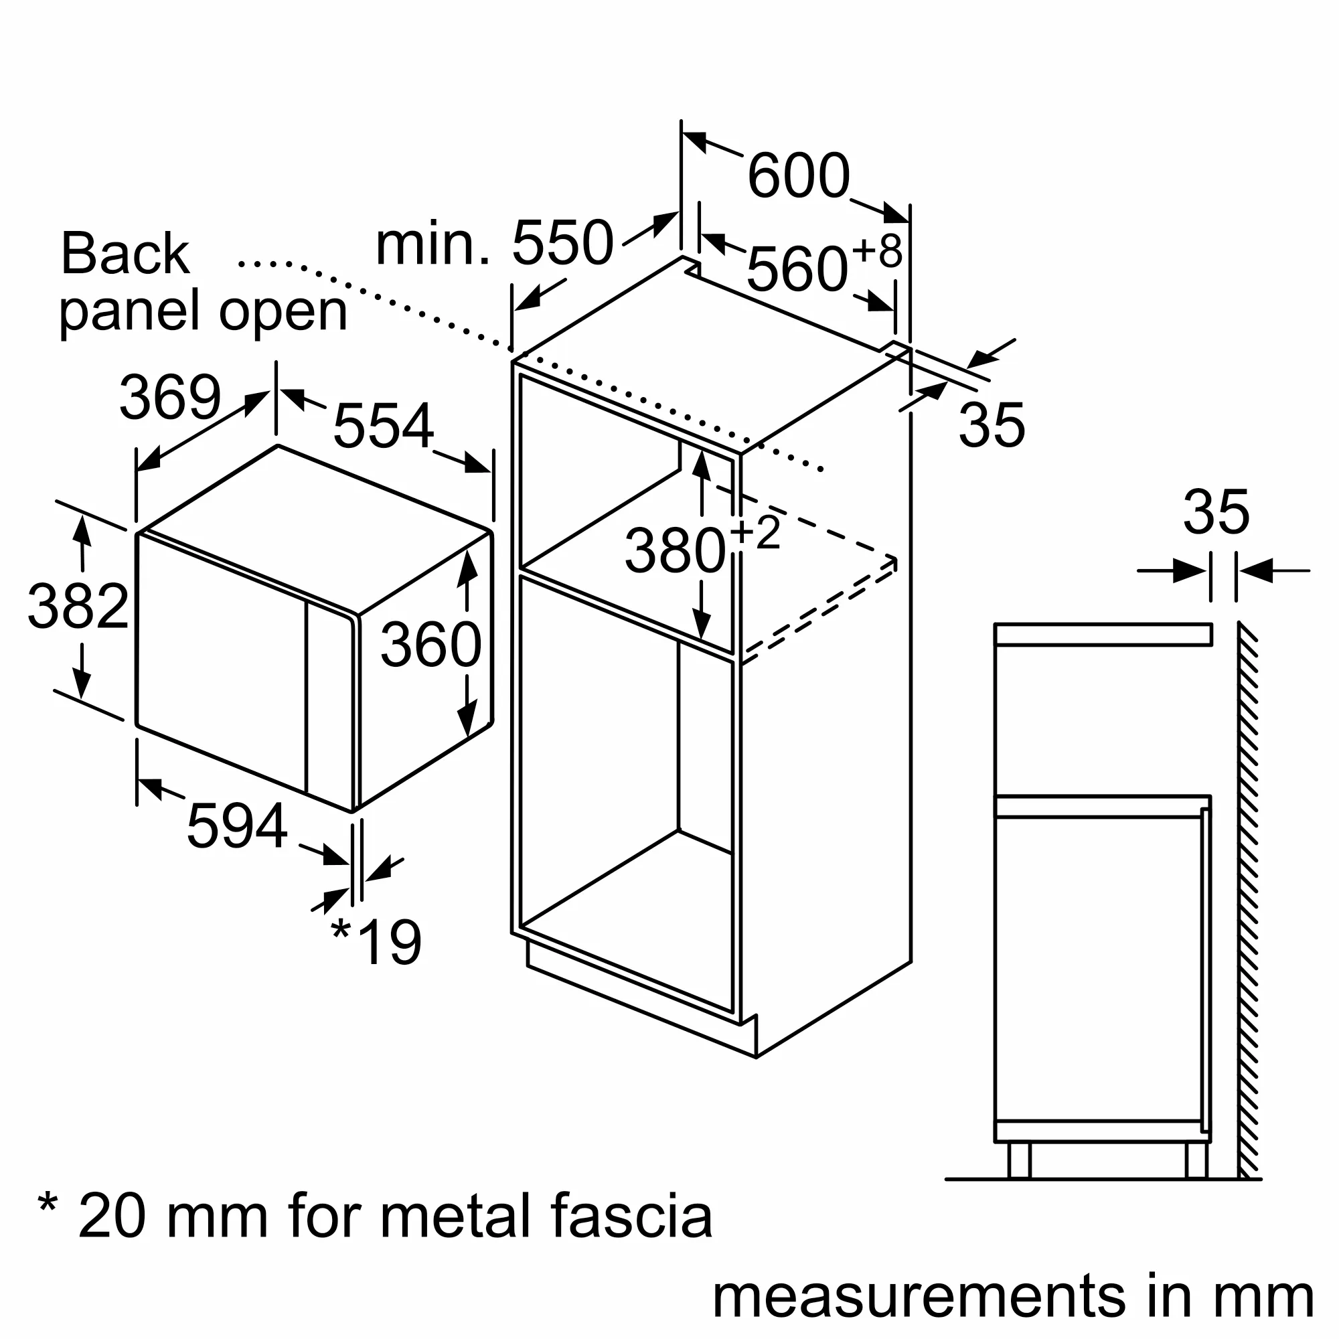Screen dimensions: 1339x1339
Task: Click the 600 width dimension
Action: [x=799, y=176]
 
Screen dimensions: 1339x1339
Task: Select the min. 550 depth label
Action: [x=494, y=243]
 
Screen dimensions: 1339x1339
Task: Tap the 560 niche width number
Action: [x=797, y=270]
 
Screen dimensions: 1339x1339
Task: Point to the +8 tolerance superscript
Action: [x=878, y=251]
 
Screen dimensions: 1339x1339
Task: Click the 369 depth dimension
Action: [x=170, y=397]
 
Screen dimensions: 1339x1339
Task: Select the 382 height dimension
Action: [x=78, y=607]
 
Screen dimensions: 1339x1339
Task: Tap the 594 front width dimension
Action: [x=237, y=825]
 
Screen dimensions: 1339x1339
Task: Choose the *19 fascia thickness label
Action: [x=376, y=942]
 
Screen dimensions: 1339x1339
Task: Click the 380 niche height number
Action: [x=675, y=551]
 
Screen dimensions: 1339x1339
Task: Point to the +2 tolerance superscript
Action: [x=755, y=532]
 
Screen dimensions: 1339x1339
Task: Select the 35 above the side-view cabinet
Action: [x=1216, y=513]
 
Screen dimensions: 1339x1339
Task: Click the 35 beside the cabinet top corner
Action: [x=991, y=425]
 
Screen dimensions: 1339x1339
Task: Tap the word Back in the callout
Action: [x=125, y=254]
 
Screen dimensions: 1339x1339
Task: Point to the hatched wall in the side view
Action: [x=1247, y=901]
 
